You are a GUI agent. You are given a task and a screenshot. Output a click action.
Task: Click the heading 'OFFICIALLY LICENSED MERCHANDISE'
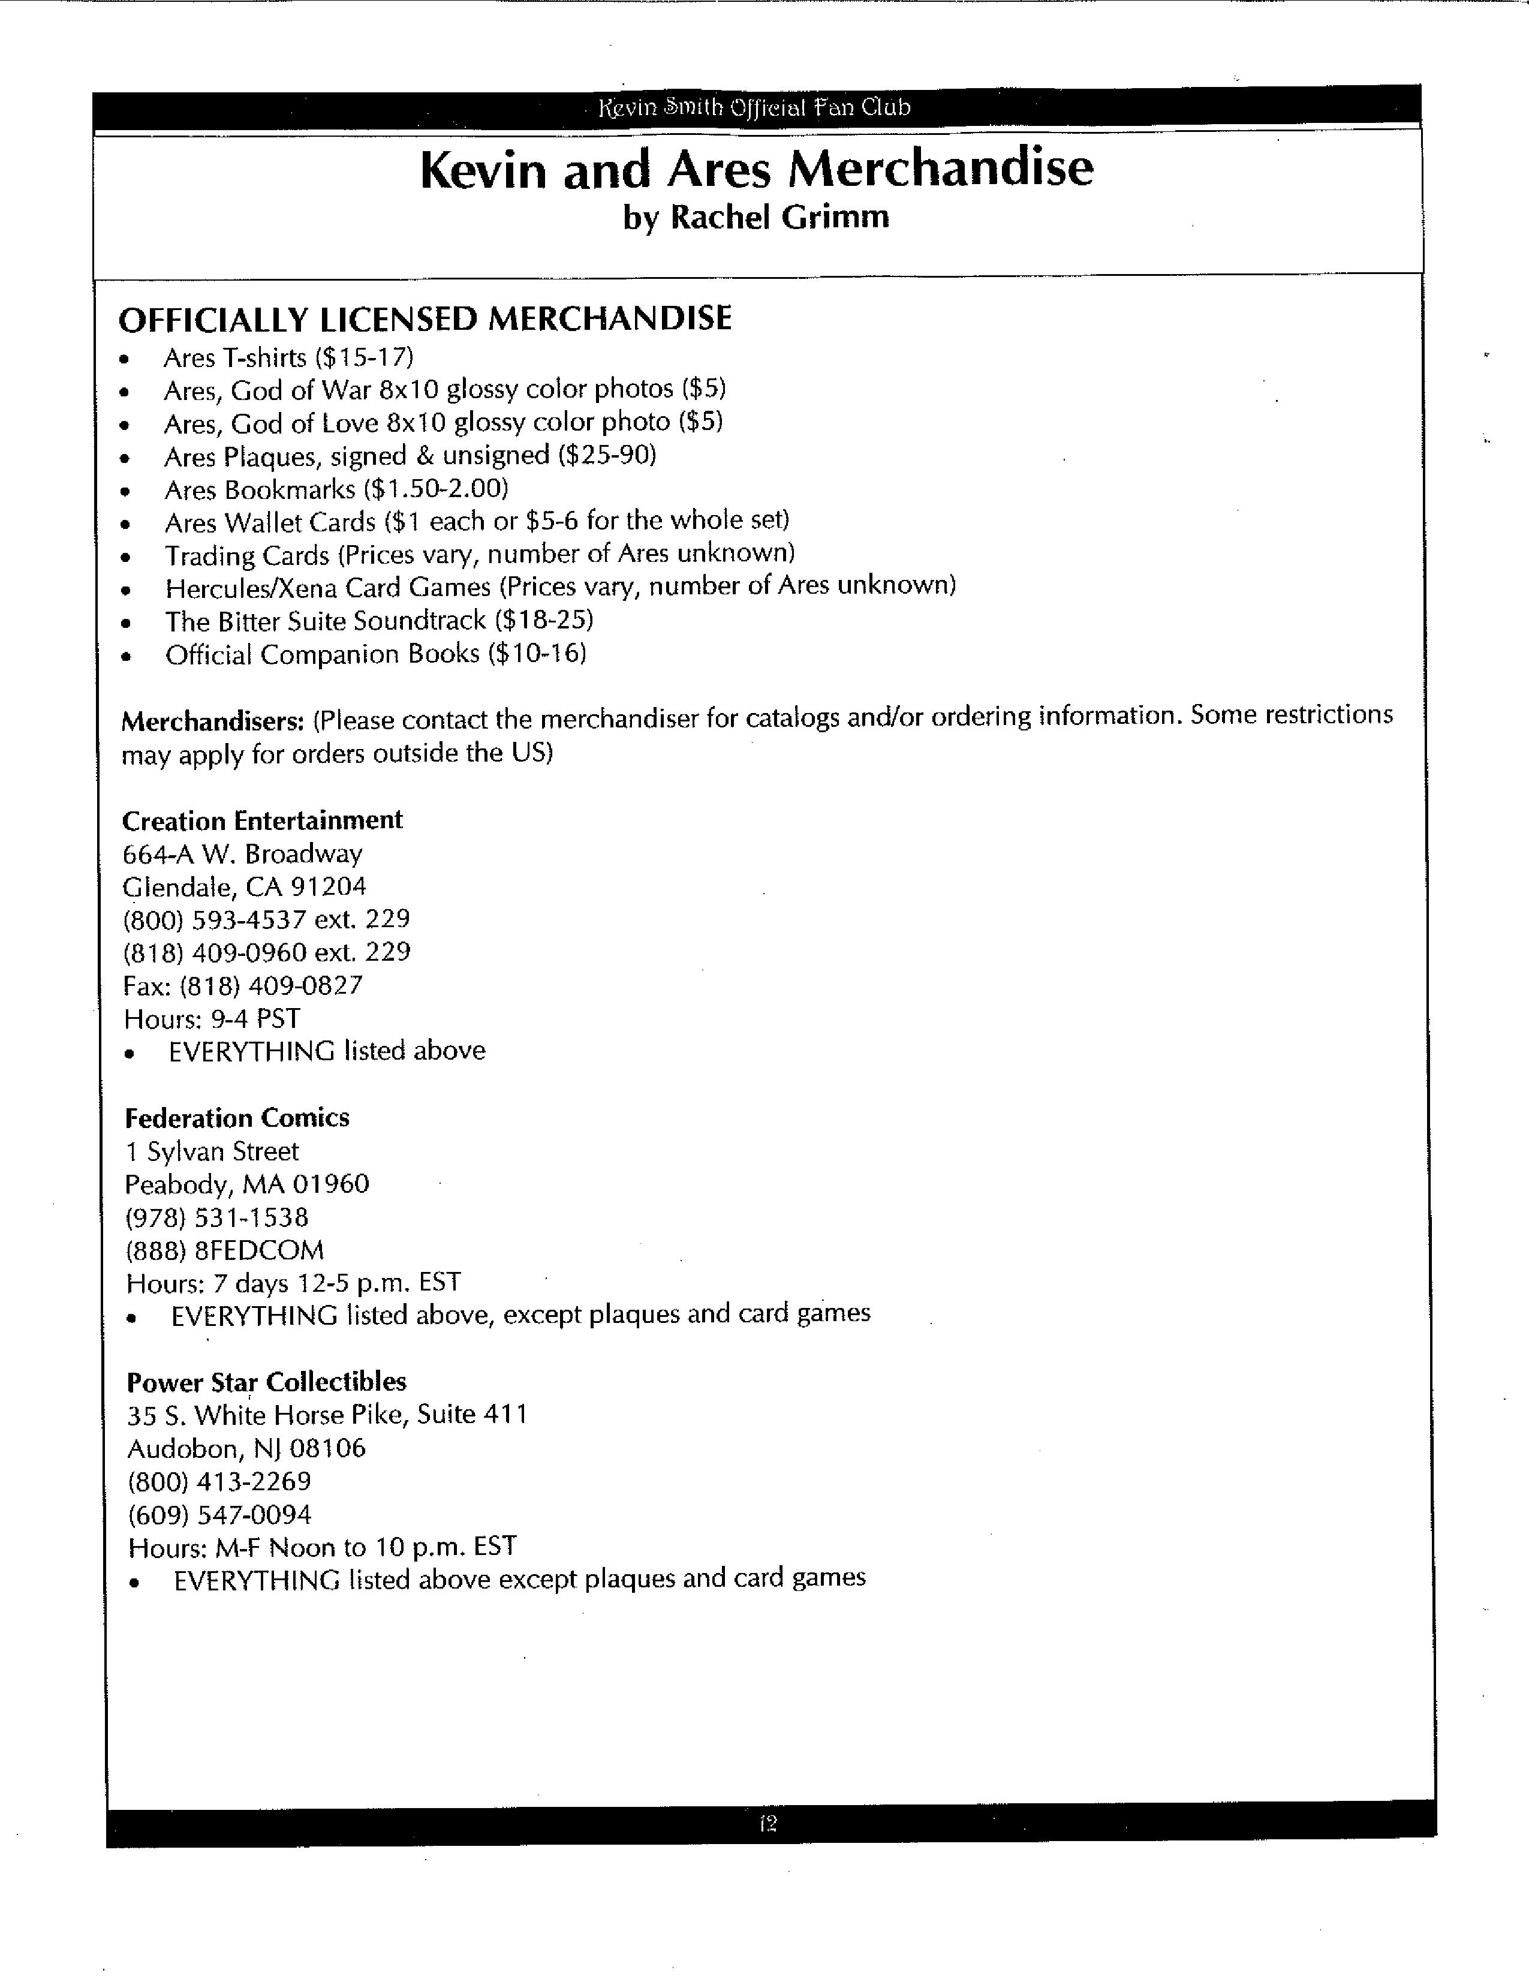point(425,319)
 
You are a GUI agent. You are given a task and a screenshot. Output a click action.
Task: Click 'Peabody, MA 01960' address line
point(247,1184)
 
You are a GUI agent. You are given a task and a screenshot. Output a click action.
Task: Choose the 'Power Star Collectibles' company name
point(266,1382)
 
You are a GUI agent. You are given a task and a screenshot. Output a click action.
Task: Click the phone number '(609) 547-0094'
point(220,1514)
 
